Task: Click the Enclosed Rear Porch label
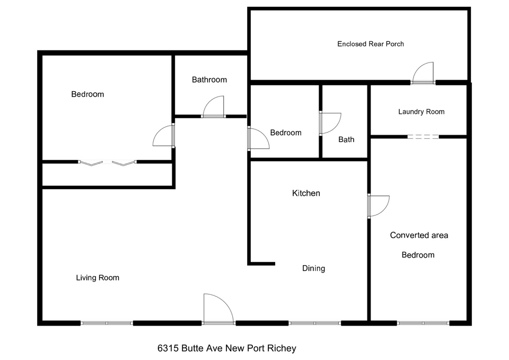[x=371, y=44]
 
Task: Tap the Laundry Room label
[x=422, y=112]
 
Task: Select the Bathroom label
[x=209, y=80]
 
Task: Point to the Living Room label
[x=98, y=277]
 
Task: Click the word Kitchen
[x=306, y=193]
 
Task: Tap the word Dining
[x=313, y=268]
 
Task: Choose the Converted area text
[x=419, y=235]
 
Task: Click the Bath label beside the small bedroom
[x=346, y=139]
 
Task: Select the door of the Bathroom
[x=213, y=107]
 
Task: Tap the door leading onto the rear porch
[x=423, y=73]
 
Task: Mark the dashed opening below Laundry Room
[x=423, y=137]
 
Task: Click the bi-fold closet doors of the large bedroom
[x=108, y=163]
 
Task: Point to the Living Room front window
[x=107, y=323]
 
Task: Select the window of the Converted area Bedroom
[x=423, y=323]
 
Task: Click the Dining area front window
[x=315, y=323]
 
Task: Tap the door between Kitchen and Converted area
[x=378, y=206]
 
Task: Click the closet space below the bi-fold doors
[x=107, y=174]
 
